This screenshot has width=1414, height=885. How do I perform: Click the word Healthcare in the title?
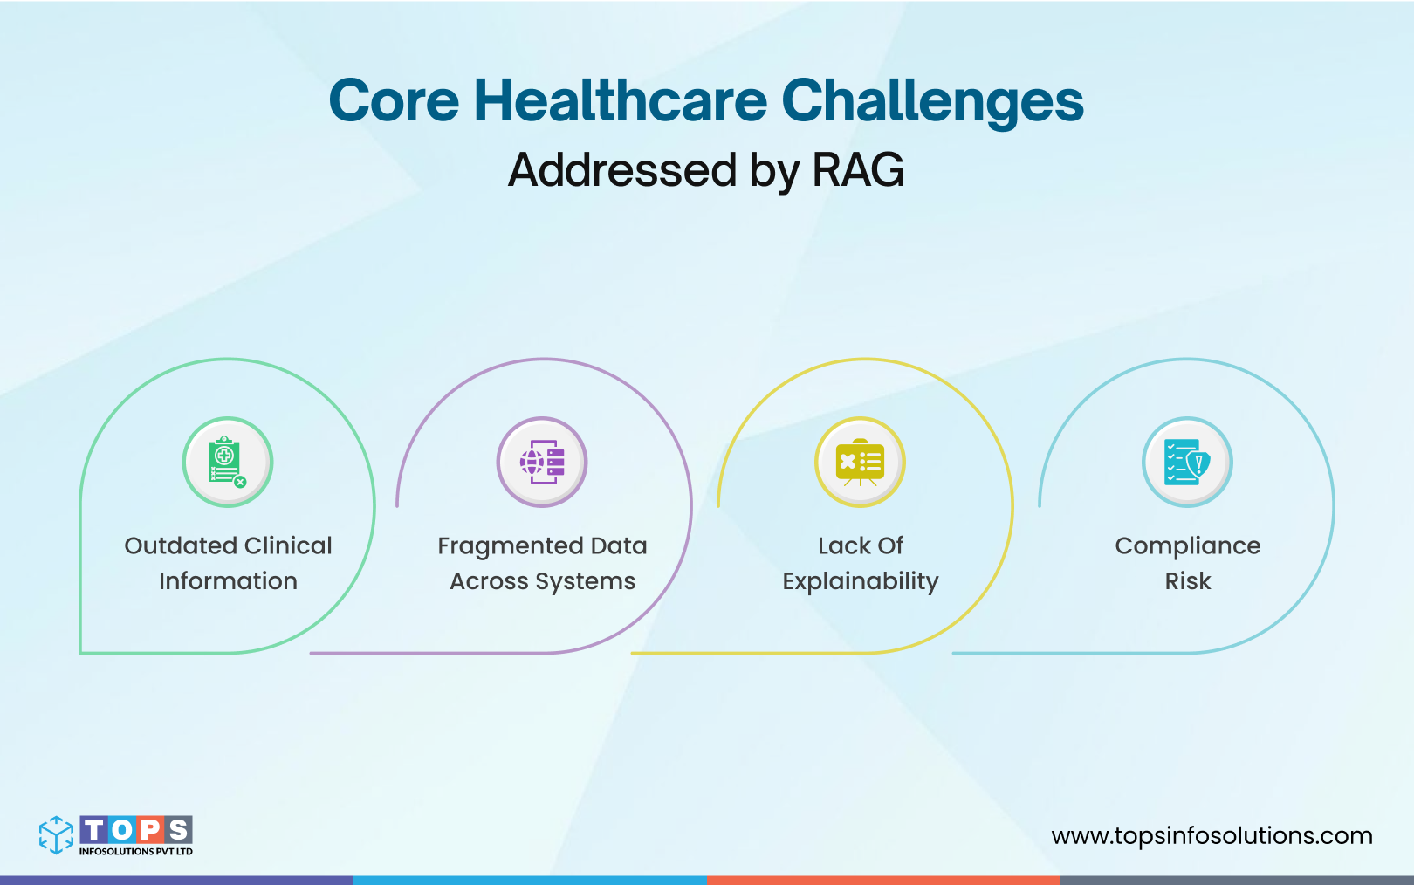620,100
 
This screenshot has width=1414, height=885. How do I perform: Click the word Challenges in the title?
931,102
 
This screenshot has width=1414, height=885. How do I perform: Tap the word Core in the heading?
394,100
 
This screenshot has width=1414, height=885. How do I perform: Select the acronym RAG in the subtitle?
858,169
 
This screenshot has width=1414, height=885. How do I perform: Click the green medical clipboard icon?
227,462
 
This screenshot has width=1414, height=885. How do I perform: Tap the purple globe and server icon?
542,462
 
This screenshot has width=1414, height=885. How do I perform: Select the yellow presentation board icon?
860,463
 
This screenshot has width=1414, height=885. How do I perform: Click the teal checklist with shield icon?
1187,462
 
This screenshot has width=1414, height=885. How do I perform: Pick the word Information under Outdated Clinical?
228,581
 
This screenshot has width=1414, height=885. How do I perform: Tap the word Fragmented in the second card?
511,546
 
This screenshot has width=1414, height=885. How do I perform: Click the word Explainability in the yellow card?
860,582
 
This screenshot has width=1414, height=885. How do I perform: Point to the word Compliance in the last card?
1187,546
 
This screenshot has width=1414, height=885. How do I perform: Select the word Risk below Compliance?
1187,581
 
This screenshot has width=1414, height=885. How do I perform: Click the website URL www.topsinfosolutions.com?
1212,835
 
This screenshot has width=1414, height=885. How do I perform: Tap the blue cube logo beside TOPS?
57,834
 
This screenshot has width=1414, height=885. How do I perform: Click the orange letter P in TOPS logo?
150,829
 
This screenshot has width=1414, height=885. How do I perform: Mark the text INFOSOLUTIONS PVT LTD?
135,852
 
